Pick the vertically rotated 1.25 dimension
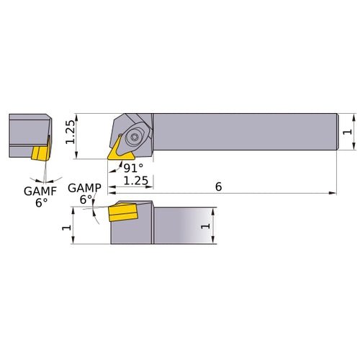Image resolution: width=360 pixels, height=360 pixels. (71, 132)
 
